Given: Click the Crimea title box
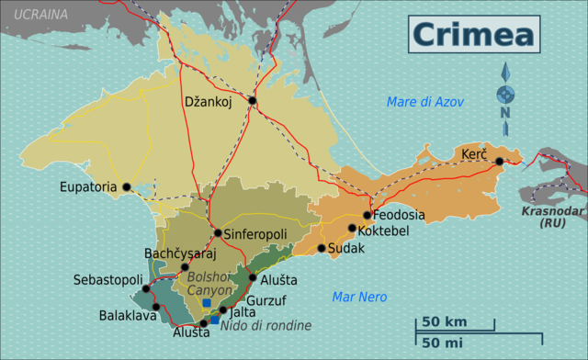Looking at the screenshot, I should point(474,33).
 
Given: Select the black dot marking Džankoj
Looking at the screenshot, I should point(252,101).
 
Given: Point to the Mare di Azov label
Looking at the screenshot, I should point(425,101).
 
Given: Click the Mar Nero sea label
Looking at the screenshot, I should point(359,297).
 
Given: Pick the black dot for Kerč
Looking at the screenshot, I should point(500,162).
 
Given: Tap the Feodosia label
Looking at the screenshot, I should point(400,215).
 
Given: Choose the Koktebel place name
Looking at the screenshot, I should point(383,231).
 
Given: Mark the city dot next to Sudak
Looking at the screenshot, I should point(322,248).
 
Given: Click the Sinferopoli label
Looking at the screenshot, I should point(255,234).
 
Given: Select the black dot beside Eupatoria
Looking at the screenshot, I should point(127,187).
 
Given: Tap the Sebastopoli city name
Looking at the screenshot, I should point(107,279).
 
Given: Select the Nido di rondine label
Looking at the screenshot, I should point(266,325).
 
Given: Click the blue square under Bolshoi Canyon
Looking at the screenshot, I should point(207,303).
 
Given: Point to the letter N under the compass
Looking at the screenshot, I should point(505,113).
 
